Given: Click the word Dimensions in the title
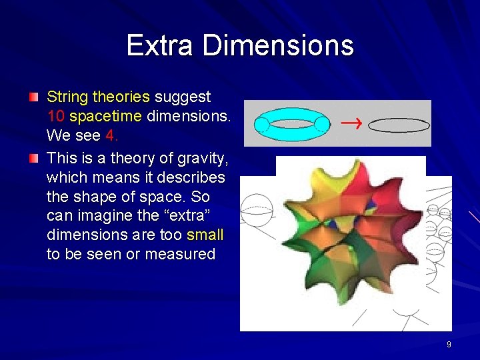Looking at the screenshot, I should pyautogui.click(x=278, y=45).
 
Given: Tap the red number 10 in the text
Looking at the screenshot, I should pyautogui.click(x=55, y=117).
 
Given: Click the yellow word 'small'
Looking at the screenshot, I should pyautogui.click(x=205, y=235).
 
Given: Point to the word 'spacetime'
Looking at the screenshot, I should pyautogui.click(x=105, y=117).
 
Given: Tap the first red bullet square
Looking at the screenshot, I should pyautogui.click(x=33, y=98).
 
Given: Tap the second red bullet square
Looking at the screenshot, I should pyautogui.click(x=33, y=159).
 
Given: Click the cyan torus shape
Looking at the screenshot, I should pyautogui.click(x=292, y=124).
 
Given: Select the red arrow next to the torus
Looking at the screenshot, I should pyautogui.click(x=348, y=123).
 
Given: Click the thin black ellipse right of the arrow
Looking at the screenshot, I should pyautogui.click(x=399, y=124).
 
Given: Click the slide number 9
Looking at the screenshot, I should pyautogui.click(x=449, y=345).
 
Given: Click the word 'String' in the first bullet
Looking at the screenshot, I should pyautogui.click(x=67, y=97).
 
